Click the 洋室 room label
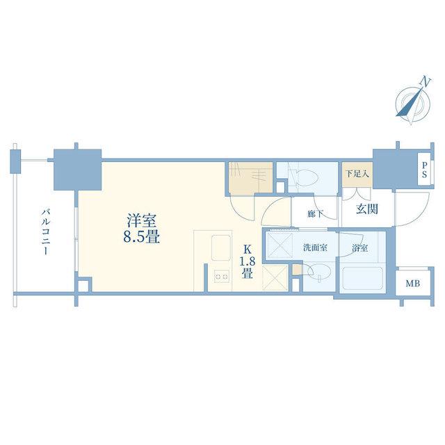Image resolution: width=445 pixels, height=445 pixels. [x=141, y=221]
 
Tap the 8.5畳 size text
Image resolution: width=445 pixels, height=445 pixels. [x=141, y=237]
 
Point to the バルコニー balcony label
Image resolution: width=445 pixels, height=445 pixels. [x=46, y=232]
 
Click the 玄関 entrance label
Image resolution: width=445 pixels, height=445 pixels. [x=367, y=209]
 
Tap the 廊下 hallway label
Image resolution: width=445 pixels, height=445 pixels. [x=315, y=213]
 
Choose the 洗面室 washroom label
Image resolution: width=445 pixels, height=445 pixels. [x=315, y=248]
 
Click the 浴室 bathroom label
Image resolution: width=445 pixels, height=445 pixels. [x=360, y=248]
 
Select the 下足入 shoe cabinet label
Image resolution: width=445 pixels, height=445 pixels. [x=357, y=174]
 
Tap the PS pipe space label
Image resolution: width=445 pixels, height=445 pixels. [x=424, y=170]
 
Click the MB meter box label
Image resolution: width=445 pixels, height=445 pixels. [x=412, y=283]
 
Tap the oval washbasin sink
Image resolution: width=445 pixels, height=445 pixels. [x=320, y=272]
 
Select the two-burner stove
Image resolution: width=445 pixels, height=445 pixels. [x=221, y=277]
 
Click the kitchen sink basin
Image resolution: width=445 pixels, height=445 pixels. [x=222, y=248]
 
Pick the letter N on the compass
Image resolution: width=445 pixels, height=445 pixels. [x=425, y=82]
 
